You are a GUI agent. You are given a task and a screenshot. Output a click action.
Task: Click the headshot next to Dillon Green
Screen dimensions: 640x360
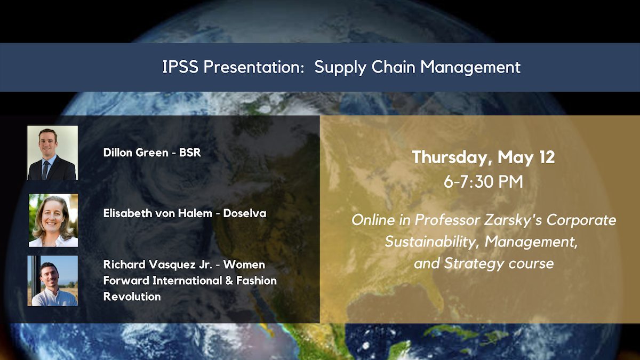point(53,153)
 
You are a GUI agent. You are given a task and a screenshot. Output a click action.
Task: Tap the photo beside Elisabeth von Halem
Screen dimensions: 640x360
point(53,220)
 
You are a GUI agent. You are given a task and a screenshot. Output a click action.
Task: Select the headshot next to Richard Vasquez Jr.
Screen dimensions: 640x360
point(53,281)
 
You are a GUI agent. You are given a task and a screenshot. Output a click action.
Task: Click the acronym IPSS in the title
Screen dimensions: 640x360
point(180,67)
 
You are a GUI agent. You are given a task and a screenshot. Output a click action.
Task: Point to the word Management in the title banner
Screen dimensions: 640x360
point(470,67)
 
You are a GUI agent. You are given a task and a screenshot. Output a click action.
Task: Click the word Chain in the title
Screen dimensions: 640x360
point(393,67)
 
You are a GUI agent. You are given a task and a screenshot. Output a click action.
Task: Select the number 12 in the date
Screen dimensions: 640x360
point(547,157)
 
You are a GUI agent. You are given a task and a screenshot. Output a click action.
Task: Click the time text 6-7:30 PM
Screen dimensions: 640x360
point(483,181)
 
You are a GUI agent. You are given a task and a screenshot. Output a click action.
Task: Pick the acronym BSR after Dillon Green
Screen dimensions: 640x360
point(190,153)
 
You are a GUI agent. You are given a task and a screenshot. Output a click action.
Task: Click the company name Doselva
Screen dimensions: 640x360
point(245,213)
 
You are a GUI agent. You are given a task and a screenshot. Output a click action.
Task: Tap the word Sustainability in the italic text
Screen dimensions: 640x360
point(432,242)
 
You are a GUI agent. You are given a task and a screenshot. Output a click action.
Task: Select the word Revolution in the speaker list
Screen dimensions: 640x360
point(132,297)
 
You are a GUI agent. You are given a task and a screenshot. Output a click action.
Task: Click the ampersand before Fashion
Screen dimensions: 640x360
point(229,281)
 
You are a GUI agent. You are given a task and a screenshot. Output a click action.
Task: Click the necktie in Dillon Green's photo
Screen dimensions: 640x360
point(45,170)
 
